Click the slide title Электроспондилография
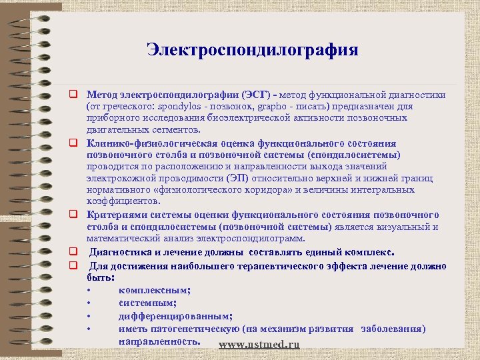tap(253, 50)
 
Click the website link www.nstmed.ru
tap(259, 345)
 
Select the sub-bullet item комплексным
tap(155, 289)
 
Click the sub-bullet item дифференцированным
tap(175, 316)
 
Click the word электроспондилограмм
tap(257, 239)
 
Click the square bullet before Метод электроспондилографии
tap(77, 95)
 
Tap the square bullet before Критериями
tap(77, 215)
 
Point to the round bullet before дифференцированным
tap(89, 317)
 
